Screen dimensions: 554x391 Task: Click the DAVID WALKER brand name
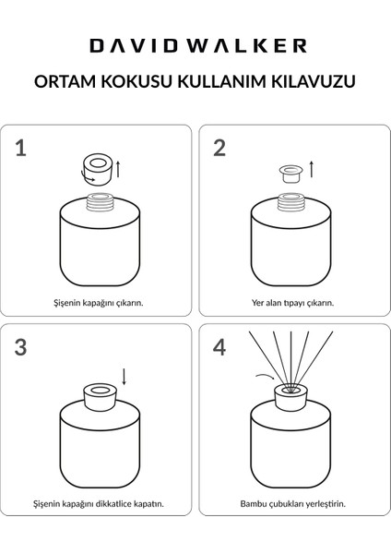pyautogui.click(x=195, y=44)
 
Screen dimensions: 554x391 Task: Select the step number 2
pyautogui.click(x=219, y=149)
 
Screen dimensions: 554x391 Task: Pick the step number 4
pyautogui.click(x=219, y=348)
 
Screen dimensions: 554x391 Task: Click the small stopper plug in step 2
pyautogui.click(x=289, y=171)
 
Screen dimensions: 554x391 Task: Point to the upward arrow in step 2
pyautogui.click(x=311, y=169)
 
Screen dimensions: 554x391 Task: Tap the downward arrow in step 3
pyautogui.click(x=124, y=378)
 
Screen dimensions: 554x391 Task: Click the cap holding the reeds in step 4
pyautogui.click(x=291, y=396)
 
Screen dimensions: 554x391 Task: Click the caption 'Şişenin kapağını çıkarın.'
pyautogui.click(x=97, y=302)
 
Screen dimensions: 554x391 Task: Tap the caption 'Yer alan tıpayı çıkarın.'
pyautogui.click(x=292, y=302)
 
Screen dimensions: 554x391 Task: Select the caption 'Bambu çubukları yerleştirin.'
pyautogui.click(x=292, y=504)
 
